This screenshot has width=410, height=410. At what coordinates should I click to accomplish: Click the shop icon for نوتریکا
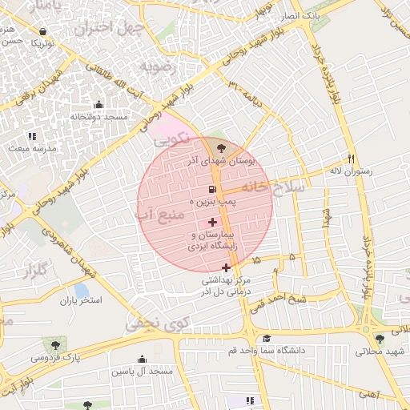point(42,32)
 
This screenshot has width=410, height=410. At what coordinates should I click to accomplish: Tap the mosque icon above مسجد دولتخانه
point(98,104)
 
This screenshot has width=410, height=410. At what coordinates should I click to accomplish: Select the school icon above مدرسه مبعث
point(32,136)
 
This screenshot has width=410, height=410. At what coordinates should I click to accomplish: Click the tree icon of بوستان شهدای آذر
point(219,147)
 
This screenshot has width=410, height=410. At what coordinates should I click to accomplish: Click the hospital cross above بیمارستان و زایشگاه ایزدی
point(212,222)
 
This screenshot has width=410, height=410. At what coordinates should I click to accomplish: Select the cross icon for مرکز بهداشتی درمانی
point(227,267)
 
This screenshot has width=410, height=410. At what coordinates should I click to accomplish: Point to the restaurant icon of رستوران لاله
point(352,158)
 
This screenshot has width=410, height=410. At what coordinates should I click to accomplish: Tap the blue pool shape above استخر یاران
point(81,289)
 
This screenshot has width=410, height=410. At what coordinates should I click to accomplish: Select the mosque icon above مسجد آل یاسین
point(143,359)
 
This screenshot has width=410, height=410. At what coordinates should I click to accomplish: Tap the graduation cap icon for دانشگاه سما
point(267,338)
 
